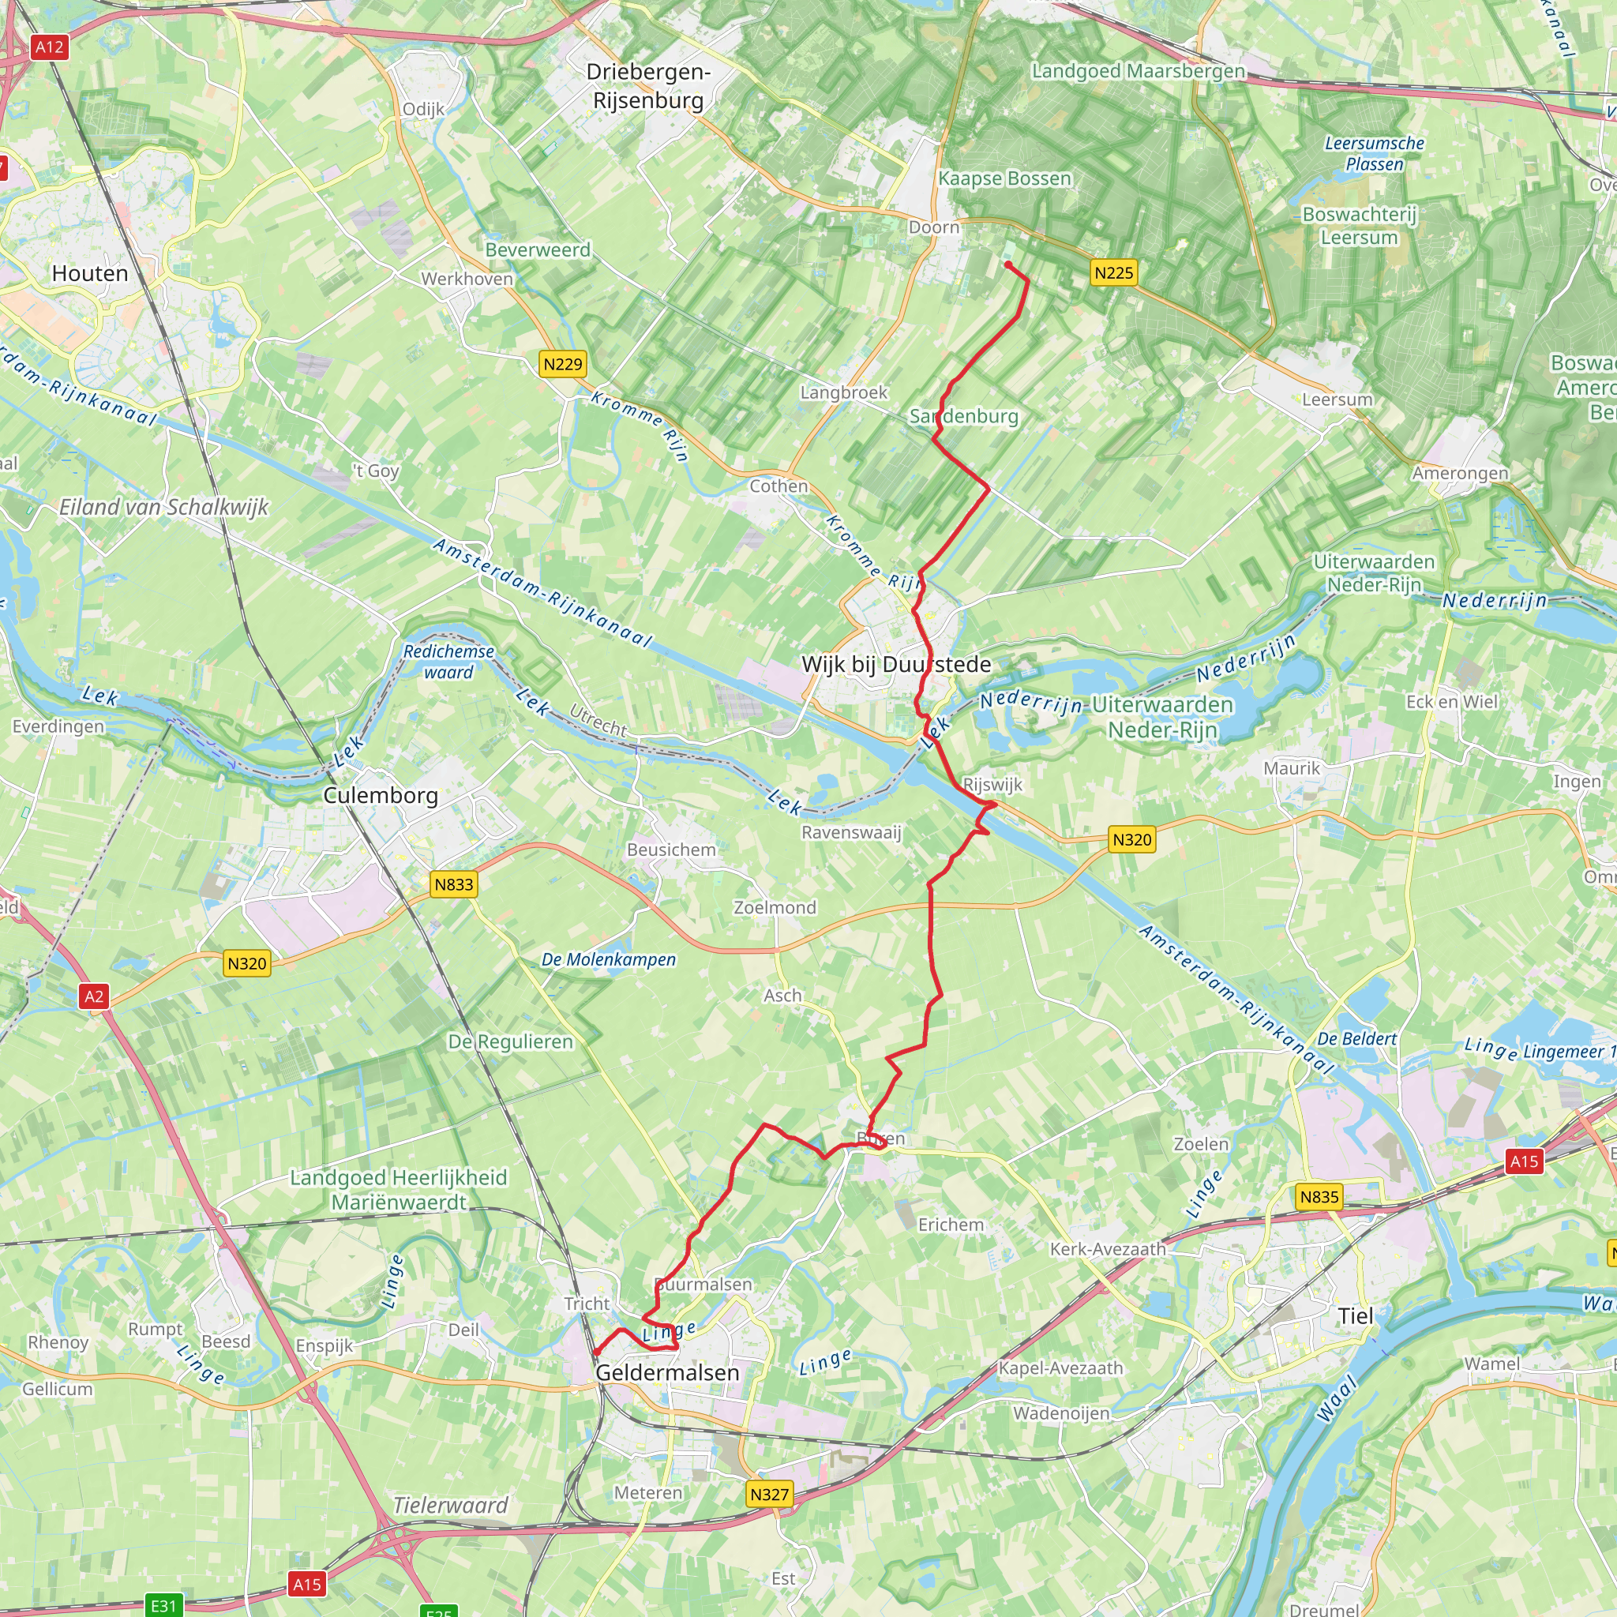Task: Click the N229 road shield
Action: coord(562,364)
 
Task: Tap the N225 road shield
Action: coord(1113,273)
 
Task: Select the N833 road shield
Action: coord(454,884)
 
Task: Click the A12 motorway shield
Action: coord(50,47)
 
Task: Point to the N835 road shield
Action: coord(1319,1197)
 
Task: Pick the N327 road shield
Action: coord(769,1495)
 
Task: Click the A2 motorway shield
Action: coord(94,996)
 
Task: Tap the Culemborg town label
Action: coord(381,795)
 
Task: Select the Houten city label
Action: coord(90,274)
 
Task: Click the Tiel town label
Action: coord(1355,1315)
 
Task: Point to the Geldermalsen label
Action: coord(667,1372)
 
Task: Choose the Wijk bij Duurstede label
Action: coord(896,665)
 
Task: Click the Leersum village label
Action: coord(1337,400)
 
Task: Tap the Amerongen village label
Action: coord(1461,474)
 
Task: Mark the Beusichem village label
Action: coord(671,850)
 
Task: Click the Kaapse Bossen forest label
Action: coord(1004,179)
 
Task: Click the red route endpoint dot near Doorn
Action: coord(1008,264)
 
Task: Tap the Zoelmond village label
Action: coord(775,907)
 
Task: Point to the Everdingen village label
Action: coord(58,726)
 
